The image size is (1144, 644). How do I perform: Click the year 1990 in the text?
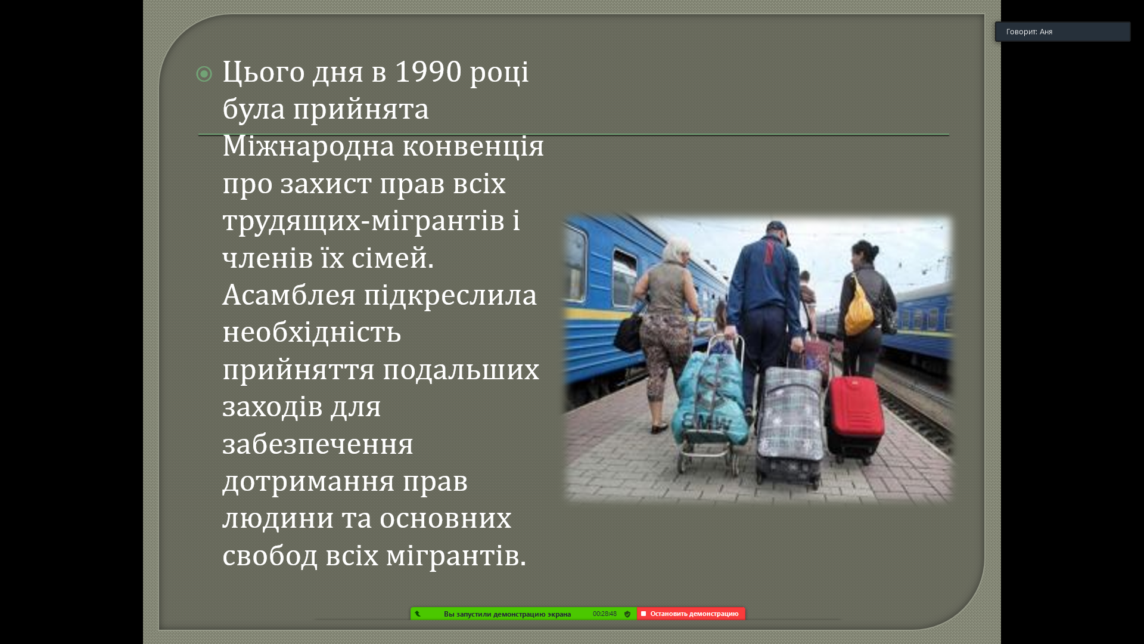point(428,72)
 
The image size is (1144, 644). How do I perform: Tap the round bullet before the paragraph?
point(204,74)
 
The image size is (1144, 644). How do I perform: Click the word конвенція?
point(473,146)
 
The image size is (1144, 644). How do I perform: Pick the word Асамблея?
point(289,295)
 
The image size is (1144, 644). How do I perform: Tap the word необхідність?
point(312,332)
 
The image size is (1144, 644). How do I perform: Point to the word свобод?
point(270,556)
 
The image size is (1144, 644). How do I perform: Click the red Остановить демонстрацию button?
point(691,614)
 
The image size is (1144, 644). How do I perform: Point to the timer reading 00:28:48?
point(604,614)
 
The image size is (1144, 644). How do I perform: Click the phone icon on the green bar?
point(418,614)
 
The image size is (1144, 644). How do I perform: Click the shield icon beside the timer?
point(627,614)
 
